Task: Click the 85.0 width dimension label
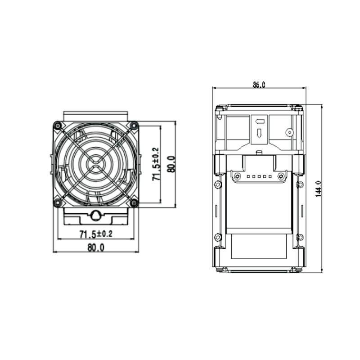point(259,84)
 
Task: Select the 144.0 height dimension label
point(318,189)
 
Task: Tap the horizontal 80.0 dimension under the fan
point(95,247)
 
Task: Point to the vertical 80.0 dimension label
point(171,164)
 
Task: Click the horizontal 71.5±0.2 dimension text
point(95,234)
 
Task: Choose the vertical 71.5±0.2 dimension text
point(156,164)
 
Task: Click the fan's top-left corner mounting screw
point(57,126)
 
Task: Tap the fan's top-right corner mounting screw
point(134,126)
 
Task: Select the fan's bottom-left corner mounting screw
point(57,203)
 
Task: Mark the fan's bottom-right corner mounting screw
point(134,203)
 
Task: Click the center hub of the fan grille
point(95,164)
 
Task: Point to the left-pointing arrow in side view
point(260,121)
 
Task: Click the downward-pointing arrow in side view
point(260,133)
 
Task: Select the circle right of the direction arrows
point(289,132)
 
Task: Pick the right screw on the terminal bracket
point(281,175)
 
